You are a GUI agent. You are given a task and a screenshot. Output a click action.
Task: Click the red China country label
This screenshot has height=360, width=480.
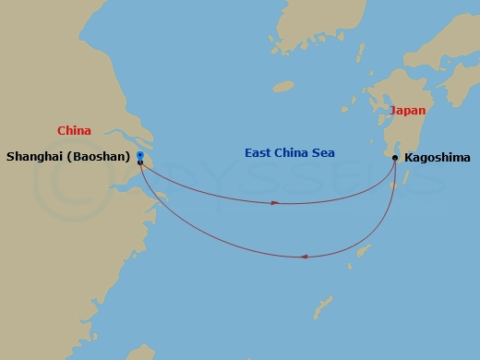coord(74,131)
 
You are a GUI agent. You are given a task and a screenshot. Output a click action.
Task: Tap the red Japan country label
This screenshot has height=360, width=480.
coord(408,110)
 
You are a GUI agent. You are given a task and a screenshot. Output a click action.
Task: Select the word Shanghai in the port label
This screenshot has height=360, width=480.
coord(37,157)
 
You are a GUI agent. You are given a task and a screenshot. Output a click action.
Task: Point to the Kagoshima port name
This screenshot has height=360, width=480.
coord(437,158)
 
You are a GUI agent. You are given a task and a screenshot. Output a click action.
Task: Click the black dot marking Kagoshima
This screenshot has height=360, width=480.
coord(395,158)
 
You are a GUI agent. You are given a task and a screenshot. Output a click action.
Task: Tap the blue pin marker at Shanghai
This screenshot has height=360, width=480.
coord(139,155)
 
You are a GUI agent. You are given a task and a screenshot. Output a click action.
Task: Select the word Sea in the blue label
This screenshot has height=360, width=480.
coord(323,152)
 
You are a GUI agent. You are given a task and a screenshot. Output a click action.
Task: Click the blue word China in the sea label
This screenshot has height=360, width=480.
coord(294,152)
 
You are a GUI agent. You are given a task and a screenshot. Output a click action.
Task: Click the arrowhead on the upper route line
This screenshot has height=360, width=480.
coord(275,202)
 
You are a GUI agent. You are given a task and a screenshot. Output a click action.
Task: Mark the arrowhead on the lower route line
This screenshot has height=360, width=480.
coord(304,257)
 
